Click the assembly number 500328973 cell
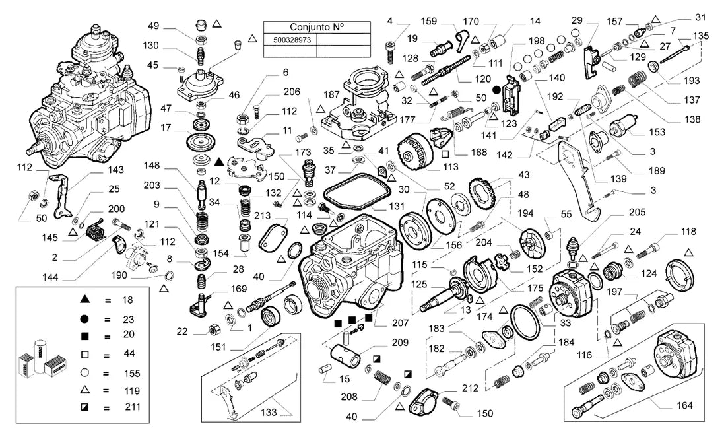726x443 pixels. (x=292, y=40)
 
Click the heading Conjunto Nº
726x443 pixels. (x=317, y=27)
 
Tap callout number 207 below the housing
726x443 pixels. (x=401, y=323)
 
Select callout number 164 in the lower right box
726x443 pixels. (x=684, y=405)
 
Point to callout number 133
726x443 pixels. (x=269, y=412)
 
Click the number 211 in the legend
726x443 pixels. (x=133, y=407)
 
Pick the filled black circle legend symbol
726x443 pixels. (x=84, y=318)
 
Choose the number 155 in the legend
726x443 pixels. (x=132, y=373)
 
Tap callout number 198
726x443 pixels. (x=536, y=41)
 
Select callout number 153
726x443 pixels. (x=657, y=132)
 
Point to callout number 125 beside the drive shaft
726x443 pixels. (x=419, y=284)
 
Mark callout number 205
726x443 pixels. (x=637, y=212)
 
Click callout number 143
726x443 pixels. (x=115, y=170)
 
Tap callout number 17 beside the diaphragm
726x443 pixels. (x=166, y=127)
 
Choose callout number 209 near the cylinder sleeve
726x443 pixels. (x=400, y=343)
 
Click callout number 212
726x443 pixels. (x=470, y=388)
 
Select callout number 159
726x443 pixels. (x=429, y=21)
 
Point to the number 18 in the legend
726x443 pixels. (x=127, y=300)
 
